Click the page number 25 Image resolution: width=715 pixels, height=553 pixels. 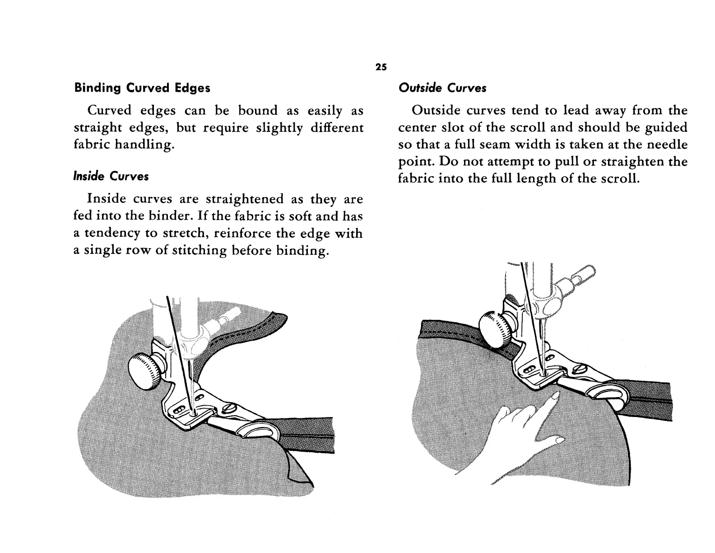381,67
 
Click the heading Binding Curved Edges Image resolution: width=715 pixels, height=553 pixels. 142,88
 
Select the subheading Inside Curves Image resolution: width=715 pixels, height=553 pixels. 111,176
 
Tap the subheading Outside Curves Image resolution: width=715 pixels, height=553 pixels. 442,88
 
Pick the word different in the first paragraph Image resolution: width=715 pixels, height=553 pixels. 337,128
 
